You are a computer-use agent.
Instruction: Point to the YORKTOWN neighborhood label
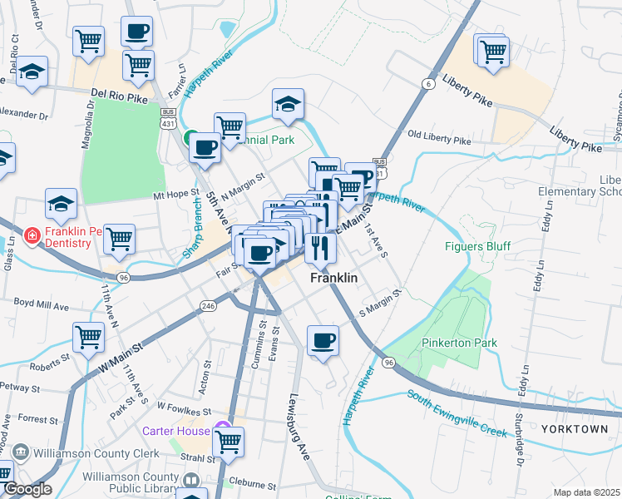click(575, 429)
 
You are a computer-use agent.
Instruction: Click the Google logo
click(27, 489)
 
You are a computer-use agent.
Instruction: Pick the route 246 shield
click(209, 306)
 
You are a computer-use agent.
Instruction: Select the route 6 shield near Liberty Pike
click(427, 84)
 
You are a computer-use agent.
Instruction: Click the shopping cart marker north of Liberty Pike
click(493, 50)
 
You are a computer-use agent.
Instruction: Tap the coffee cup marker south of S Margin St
click(323, 340)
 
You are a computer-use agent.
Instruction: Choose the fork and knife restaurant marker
click(319, 246)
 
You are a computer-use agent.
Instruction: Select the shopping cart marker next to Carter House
click(228, 442)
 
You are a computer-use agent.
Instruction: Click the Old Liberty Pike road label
click(439, 136)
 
